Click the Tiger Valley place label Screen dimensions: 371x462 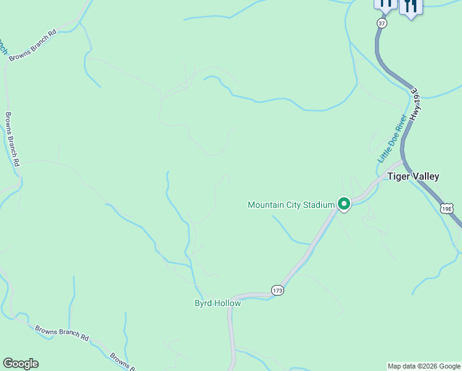pyautogui.click(x=413, y=176)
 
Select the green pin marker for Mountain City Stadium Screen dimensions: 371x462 pyautogui.click(x=343, y=203)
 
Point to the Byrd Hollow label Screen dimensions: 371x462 pyautogui.click(x=217, y=303)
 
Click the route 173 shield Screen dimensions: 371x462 pyautogui.click(x=278, y=290)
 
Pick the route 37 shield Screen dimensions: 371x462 pyautogui.click(x=382, y=23)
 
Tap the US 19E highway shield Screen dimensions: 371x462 pyautogui.click(x=447, y=208)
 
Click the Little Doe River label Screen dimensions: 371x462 pyautogui.click(x=392, y=139)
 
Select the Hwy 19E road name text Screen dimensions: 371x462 pyautogui.click(x=420, y=103)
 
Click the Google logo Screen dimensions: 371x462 pyautogui.click(x=20, y=364)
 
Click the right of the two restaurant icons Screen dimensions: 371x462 pyautogui.click(x=410, y=6)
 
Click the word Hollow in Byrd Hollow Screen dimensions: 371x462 pyautogui.click(x=227, y=303)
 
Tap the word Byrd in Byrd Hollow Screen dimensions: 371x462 pyautogui.click(x=203, y=303)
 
